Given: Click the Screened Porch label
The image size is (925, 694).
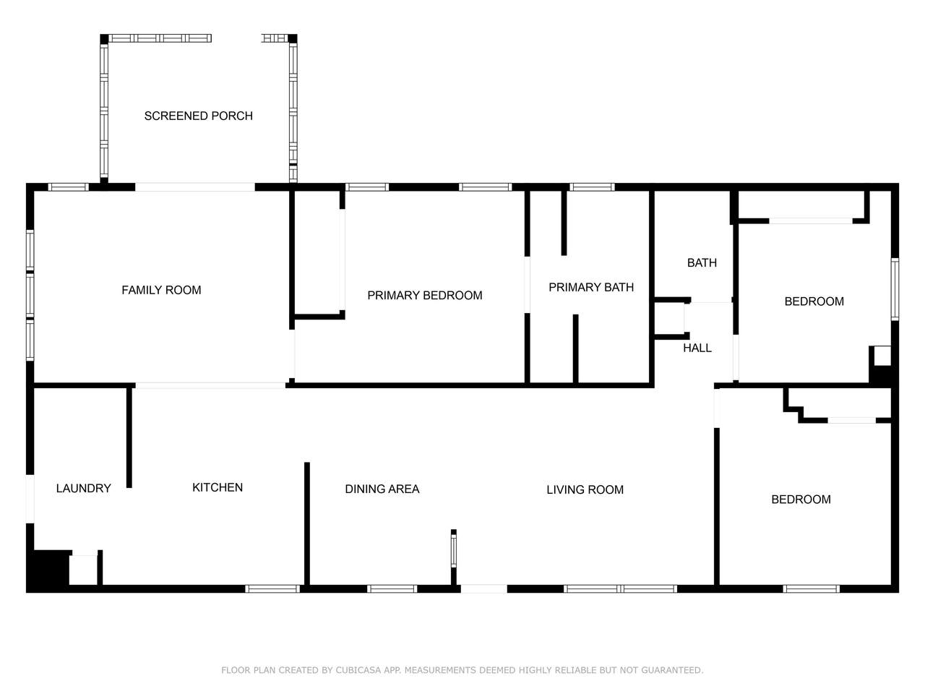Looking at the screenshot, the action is (199, 116).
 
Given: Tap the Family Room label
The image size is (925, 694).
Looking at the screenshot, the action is (161, 290).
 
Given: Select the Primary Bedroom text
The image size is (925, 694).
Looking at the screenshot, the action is (425, 296).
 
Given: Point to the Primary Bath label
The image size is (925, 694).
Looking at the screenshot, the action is (591, 288).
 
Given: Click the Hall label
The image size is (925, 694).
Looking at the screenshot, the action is (697, 348).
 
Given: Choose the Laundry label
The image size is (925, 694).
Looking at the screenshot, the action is (83, 489).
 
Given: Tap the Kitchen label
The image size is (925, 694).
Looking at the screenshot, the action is (218, 487).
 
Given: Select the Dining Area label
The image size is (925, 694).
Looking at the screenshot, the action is (382, 489).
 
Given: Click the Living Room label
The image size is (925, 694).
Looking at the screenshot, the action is (585, 489).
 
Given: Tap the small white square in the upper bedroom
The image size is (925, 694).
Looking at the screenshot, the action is (882, 356).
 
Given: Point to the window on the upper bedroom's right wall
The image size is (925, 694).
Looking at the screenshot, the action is (895, 289).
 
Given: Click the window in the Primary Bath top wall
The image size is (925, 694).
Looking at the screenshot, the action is (592, 187).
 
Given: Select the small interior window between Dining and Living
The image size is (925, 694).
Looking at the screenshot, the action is (454, 551).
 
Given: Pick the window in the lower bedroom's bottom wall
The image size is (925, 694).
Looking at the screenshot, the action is (812, 589).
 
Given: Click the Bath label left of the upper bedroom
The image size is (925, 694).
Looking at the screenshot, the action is (702, 263).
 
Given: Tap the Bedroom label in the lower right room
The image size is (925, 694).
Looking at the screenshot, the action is (801, 500).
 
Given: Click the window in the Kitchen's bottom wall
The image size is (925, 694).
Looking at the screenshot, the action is (272, 589).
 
